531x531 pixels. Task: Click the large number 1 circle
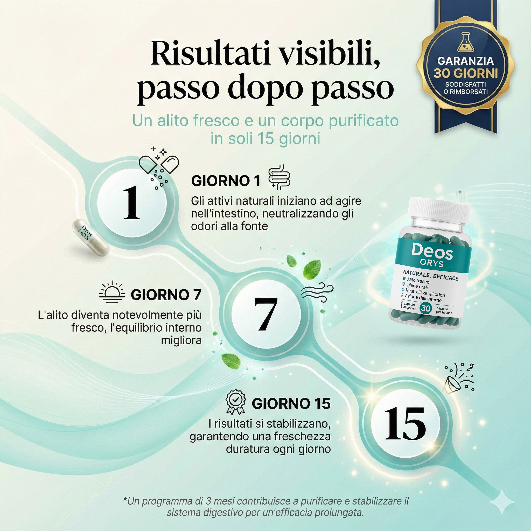(132, 202)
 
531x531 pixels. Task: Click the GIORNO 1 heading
(226, 181)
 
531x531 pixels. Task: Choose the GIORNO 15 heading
(291, 404)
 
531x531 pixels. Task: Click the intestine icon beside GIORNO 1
(279, 178)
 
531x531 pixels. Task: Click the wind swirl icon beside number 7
(317, 294)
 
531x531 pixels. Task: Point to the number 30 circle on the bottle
(425, 308)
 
